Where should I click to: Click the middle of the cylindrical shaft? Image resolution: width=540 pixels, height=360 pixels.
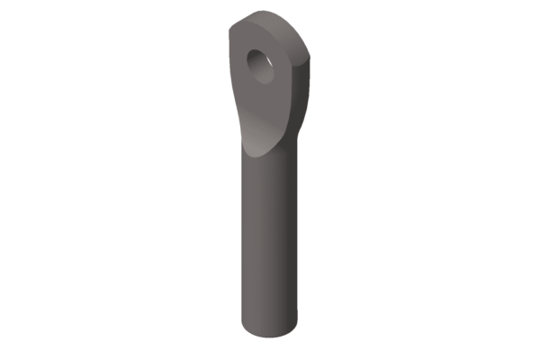click(x=270, y=234)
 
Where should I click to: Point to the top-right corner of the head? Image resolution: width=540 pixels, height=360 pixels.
click(x=315, y=54)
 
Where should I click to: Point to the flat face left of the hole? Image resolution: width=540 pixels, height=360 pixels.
click(x=239, y=67)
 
